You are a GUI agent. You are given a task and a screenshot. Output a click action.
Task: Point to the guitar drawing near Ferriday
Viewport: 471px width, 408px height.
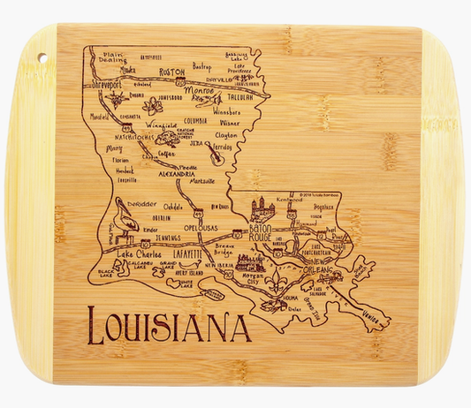[213, 156]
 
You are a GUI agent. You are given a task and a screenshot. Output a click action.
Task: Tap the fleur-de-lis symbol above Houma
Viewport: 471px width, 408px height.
[280, 288]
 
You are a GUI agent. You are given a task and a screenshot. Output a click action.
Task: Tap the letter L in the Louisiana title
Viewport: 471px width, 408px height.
[90, 326]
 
